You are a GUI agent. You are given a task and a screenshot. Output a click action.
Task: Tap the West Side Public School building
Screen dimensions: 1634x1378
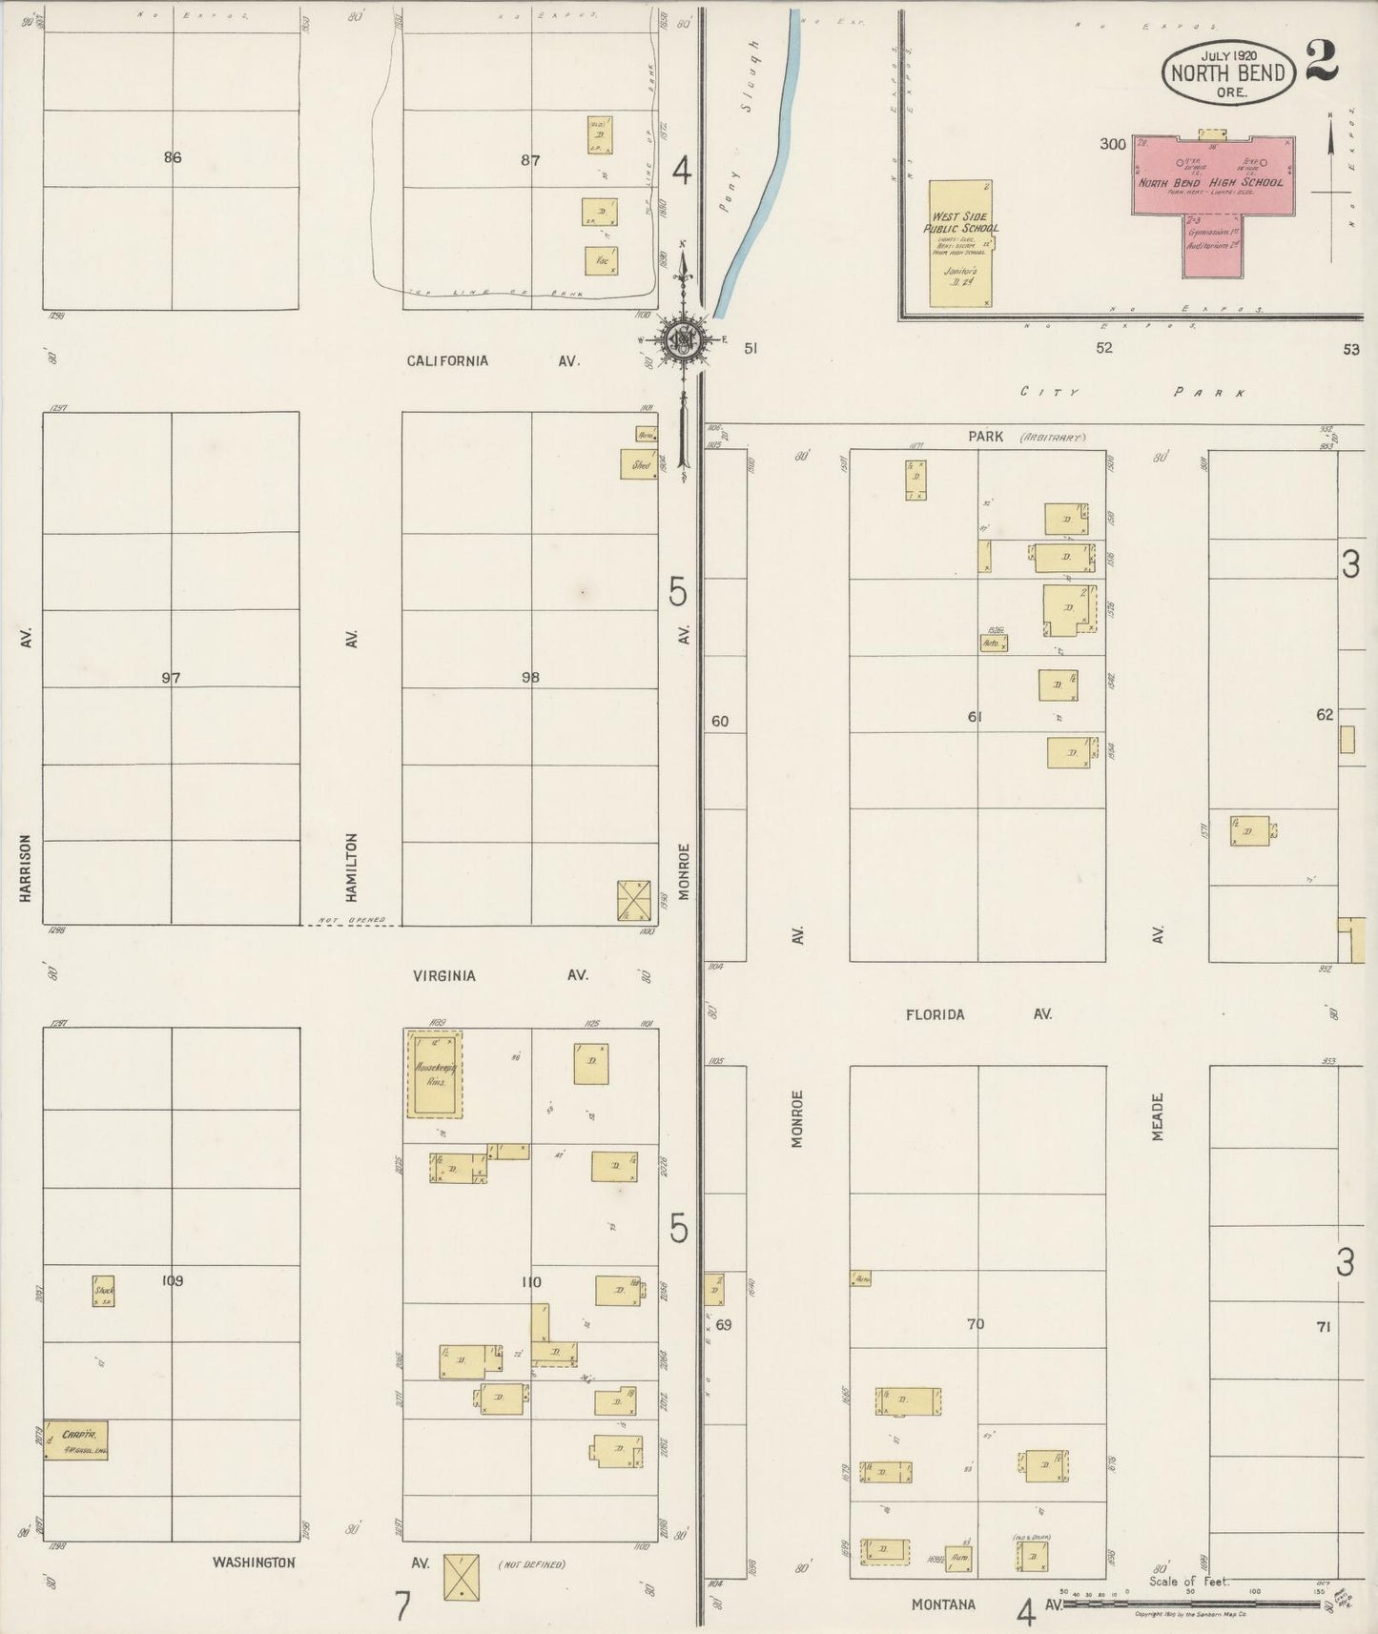pos(962,242)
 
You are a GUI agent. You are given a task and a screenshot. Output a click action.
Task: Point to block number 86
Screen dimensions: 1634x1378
pos(172,158)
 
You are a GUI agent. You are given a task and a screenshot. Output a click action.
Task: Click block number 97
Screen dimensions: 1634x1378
pos(171,679)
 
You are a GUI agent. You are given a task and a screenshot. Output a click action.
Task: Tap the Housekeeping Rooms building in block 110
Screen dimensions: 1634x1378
pos(435,1074)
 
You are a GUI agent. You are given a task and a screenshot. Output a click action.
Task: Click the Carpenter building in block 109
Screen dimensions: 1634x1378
pos(76,1440)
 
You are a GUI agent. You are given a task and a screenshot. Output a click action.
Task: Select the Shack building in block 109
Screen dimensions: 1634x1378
pos(104,1291)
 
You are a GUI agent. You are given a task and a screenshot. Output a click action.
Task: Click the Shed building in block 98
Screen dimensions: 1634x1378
pos(639,464)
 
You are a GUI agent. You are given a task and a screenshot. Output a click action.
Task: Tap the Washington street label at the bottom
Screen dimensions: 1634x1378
pos(253,1563)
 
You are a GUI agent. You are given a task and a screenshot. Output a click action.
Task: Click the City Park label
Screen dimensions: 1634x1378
pos(1131,392)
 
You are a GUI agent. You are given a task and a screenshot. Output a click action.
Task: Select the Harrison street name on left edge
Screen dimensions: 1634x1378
pos(26,868)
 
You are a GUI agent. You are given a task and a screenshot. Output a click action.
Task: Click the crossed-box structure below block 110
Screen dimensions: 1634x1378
pos(461,1576)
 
